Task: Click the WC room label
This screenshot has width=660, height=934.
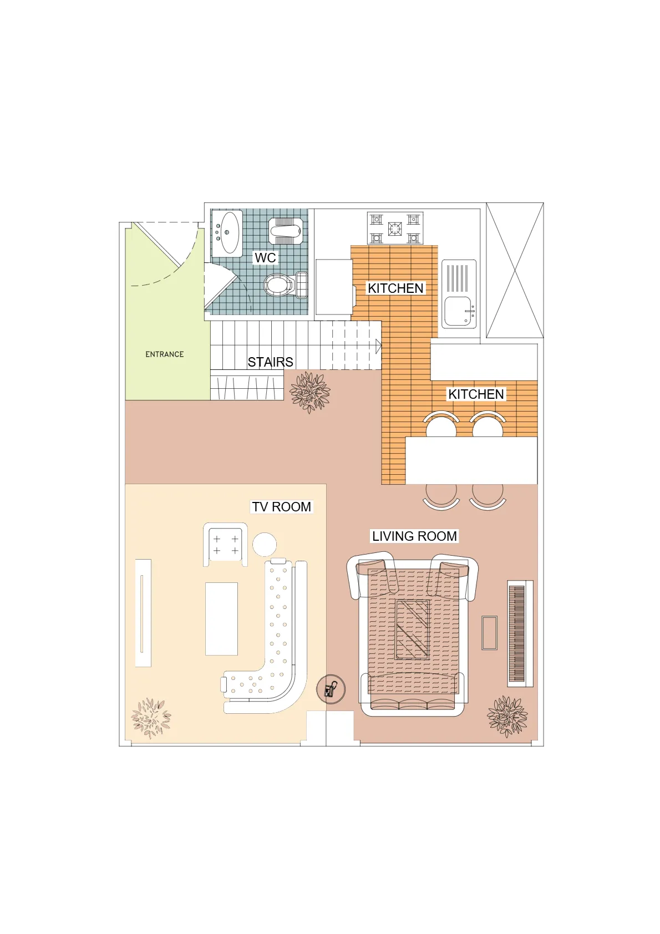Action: coord(265,257)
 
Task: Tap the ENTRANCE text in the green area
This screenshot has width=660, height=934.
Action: coord(164,354)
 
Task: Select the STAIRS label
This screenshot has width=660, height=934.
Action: coord(270,362)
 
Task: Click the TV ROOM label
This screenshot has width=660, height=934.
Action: coord(281,506)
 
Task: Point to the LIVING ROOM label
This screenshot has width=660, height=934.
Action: coord(414,536)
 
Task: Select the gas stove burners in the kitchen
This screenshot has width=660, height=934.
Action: coord(395,228)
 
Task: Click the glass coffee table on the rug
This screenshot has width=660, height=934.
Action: coord(412,630)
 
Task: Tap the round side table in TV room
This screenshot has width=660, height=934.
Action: coord(265,544)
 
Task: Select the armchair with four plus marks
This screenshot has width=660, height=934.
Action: coord(226,545)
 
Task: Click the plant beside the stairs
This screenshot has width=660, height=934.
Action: coord(310,392)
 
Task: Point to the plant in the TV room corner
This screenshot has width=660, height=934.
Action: coord(151,718)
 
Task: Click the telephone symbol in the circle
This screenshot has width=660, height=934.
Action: coord(331,689)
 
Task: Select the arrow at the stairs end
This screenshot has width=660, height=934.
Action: coord(379,346)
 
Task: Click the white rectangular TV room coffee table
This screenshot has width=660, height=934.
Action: coord(221,619)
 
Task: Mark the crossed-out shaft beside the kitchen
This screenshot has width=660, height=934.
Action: coord(515,270)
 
